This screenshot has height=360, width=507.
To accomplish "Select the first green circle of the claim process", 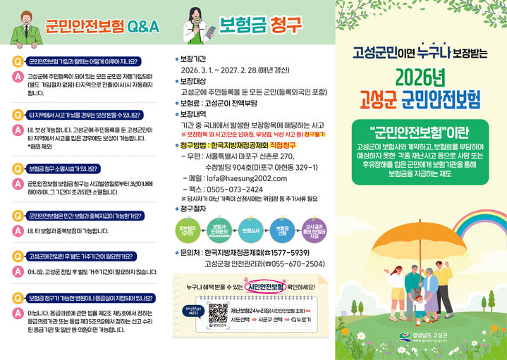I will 188,230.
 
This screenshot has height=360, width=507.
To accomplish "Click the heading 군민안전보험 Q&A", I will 102,27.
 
